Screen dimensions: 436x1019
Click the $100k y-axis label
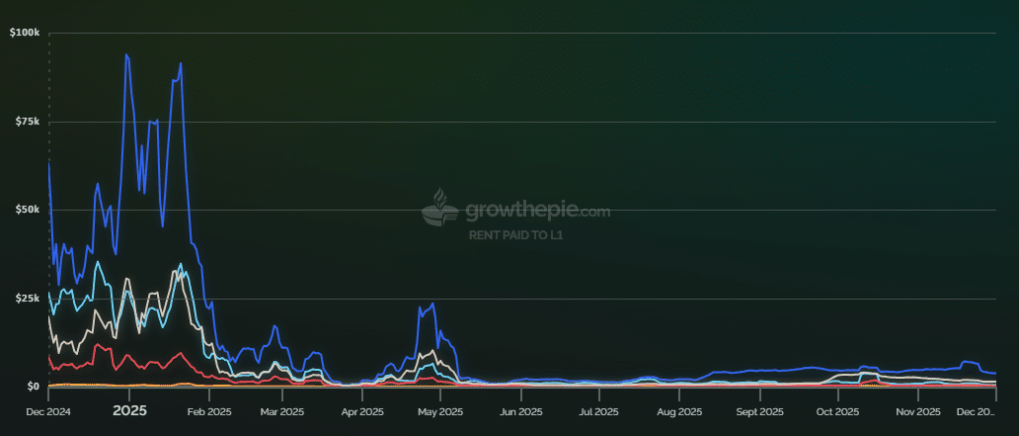tap(24, 33)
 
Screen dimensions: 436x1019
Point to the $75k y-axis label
tap(26, 122)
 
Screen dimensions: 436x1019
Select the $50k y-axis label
tap(26, 210)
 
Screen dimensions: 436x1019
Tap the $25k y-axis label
tap(26, 299)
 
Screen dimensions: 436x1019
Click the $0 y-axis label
tap(32, 387)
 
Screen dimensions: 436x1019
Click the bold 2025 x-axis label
tap(129, 410)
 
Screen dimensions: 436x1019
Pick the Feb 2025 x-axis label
tap(208, 410)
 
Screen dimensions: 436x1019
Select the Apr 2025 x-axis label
tap(362, 410)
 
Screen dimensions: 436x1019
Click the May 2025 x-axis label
tap(440, 410)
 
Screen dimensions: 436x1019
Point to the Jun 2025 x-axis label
tap(520, 410)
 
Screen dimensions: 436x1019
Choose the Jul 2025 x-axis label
tap(598, 410)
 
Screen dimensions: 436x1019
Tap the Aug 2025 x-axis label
tap(678, 410)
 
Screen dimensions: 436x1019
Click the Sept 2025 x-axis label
tap(759, 410)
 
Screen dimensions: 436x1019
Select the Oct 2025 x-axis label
tap(837, 410)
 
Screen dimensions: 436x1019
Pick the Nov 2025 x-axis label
tap(917, 410)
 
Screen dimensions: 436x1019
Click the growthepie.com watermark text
tap(537, 211)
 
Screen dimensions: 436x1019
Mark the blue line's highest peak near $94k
tap(126, 55)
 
